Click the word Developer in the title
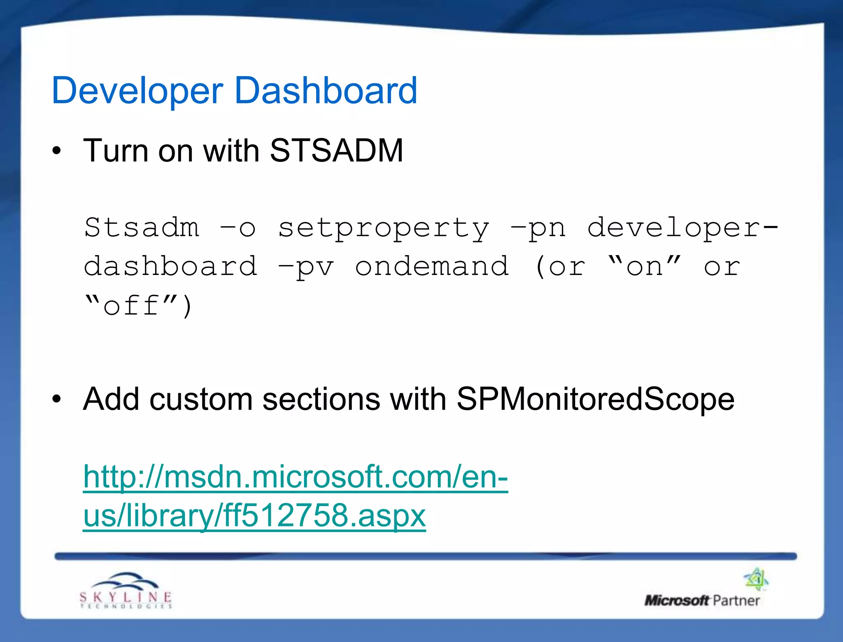[137, 91]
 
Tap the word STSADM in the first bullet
[336, 151]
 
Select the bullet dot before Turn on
[57, 151]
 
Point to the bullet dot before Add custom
[57, 399]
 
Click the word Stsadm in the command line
[142, 227]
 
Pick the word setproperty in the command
[384, 228]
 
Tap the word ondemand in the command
[432, 266]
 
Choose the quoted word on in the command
[644, 266]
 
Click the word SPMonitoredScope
[595, 399]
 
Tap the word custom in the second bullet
[201, 400]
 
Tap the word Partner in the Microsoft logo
[736, 600]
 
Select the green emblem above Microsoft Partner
[756, 579]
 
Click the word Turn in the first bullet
[116, 151]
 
